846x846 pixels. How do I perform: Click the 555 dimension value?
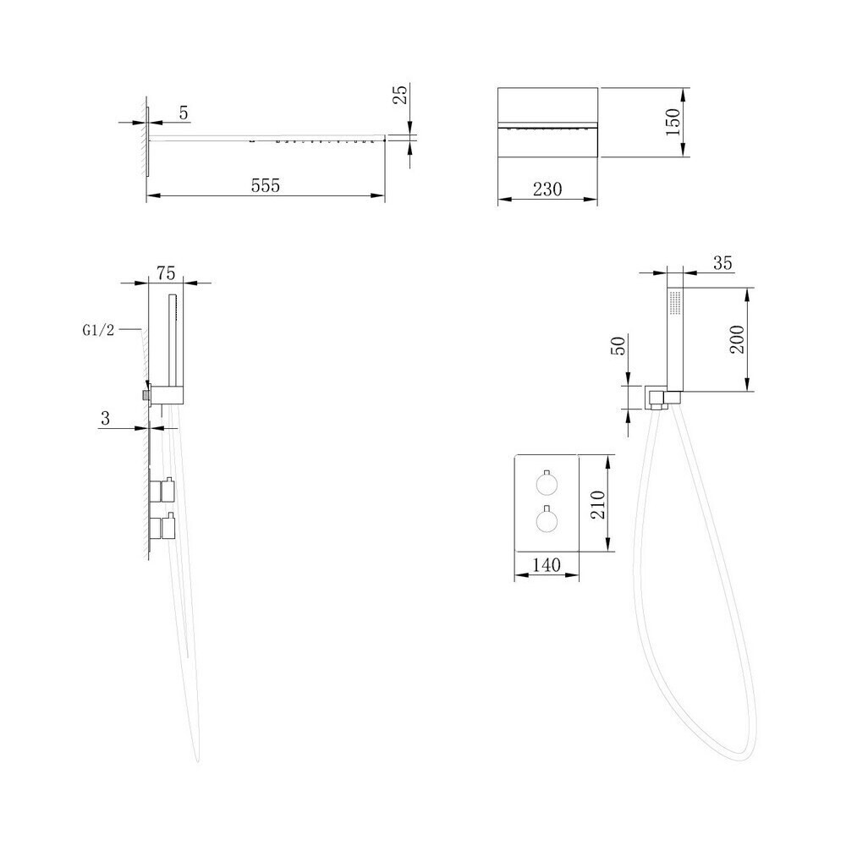pyautogui.click(x=266, y=185)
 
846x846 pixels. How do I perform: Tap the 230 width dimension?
pyautogui.click(x=547, y=189)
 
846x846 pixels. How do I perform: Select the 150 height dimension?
pyautogui.click(x=673, y=122)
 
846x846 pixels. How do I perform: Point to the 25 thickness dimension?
pyautogui.click(x=400, y=95)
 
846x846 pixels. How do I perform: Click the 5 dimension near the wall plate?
pyautogui.click(x=184, y=113)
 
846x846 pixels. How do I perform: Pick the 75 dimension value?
pyautogui.click(x=166, y=273)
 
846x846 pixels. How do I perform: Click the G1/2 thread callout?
pyautogui.click(x=98, y=330)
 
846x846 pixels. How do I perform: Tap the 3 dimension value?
pyautogui.click(x=105, y=418)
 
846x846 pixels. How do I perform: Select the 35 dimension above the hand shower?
pyautogui.click(x=722, y=263)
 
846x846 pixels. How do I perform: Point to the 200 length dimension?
pyautogui.click(x=737, y=339)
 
